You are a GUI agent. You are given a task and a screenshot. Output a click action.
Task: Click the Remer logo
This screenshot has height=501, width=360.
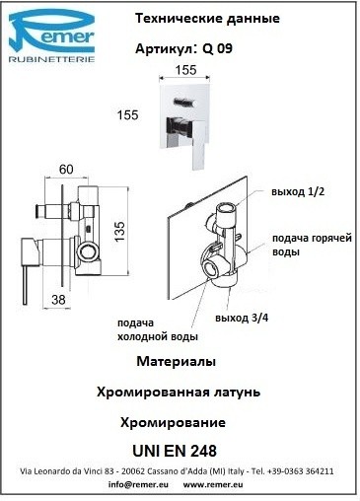click(x=51, y=36)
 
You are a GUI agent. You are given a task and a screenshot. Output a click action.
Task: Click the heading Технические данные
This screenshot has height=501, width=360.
click(x=207, y=19)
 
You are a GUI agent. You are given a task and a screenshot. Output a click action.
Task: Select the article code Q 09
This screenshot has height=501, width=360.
click(x=217, y=48)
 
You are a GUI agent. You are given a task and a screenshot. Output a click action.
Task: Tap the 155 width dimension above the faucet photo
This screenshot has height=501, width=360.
click(x=185, y=70)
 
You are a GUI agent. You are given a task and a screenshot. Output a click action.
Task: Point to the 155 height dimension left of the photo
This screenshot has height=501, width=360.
click(x=128, y=115)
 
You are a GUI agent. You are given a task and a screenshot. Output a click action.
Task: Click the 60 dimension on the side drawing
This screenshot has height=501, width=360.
click(x=66, y=170)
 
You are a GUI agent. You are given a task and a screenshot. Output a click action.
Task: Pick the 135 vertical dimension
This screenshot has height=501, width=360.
click(x=120, y=232)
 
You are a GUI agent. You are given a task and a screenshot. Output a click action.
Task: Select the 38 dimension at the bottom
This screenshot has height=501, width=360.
click(x=58, y=300)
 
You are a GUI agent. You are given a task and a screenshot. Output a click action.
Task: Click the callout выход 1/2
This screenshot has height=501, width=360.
click(x=298, y=191)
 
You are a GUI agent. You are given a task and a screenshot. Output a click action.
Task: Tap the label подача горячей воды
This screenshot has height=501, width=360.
click(x=312, y=245)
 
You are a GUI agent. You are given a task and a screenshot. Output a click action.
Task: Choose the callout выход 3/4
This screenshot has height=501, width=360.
click(x=242, y=318)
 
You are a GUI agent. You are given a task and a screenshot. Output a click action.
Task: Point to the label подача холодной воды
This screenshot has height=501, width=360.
click(x=158, y=329)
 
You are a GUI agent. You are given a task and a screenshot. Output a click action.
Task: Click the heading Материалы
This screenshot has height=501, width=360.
click(x=177, y=361)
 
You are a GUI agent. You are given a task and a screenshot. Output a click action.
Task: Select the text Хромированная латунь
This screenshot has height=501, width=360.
click(x=179, y=392)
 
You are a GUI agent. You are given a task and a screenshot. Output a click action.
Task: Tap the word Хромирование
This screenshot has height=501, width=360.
click(x=173, y=422)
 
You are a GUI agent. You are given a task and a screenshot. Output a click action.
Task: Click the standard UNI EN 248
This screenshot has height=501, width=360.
click(x=175, y=451)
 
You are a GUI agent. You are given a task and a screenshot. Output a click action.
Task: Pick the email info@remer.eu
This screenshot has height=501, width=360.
click(x=138, y=484)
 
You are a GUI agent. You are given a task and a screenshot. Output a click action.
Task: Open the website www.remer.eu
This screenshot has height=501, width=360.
click(x=213, y=484)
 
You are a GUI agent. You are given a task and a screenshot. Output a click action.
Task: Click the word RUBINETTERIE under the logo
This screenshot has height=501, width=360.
click(x=51, y=59)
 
